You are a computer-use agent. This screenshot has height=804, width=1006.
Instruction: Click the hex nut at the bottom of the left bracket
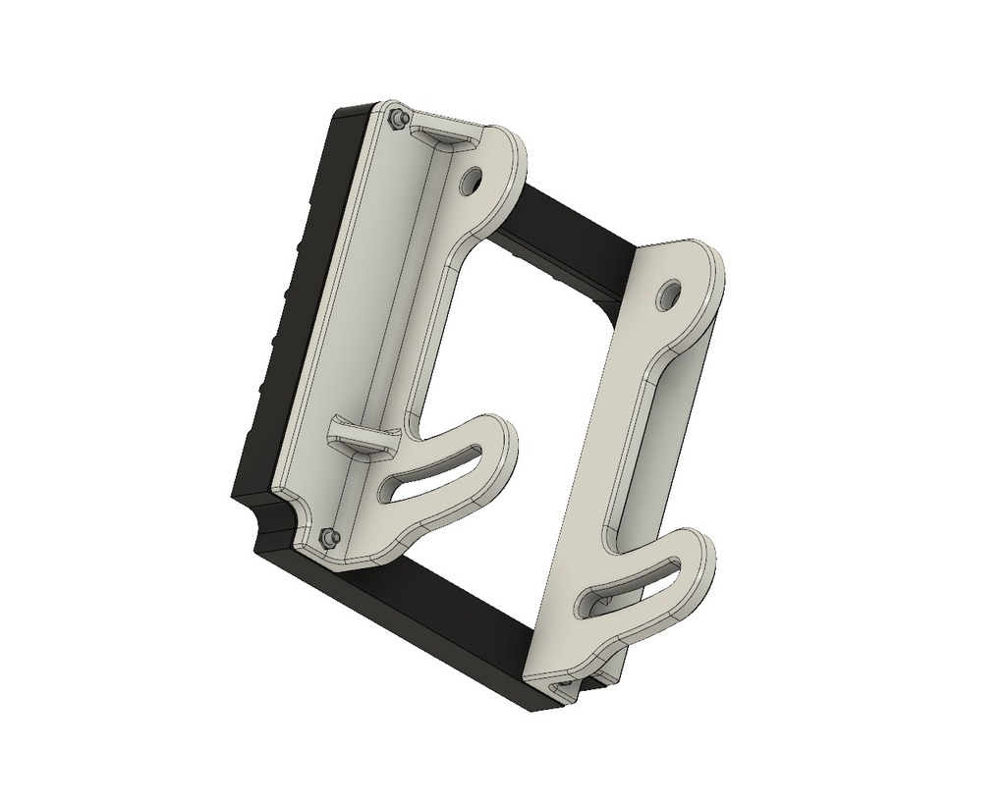pyautogui.click(x=330, y=537)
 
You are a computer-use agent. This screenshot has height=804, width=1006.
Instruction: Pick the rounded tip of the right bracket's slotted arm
pyautogui.click(x=703, y=555)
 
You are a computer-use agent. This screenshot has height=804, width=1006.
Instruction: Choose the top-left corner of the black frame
pyautogui.click(x=349, y=108)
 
